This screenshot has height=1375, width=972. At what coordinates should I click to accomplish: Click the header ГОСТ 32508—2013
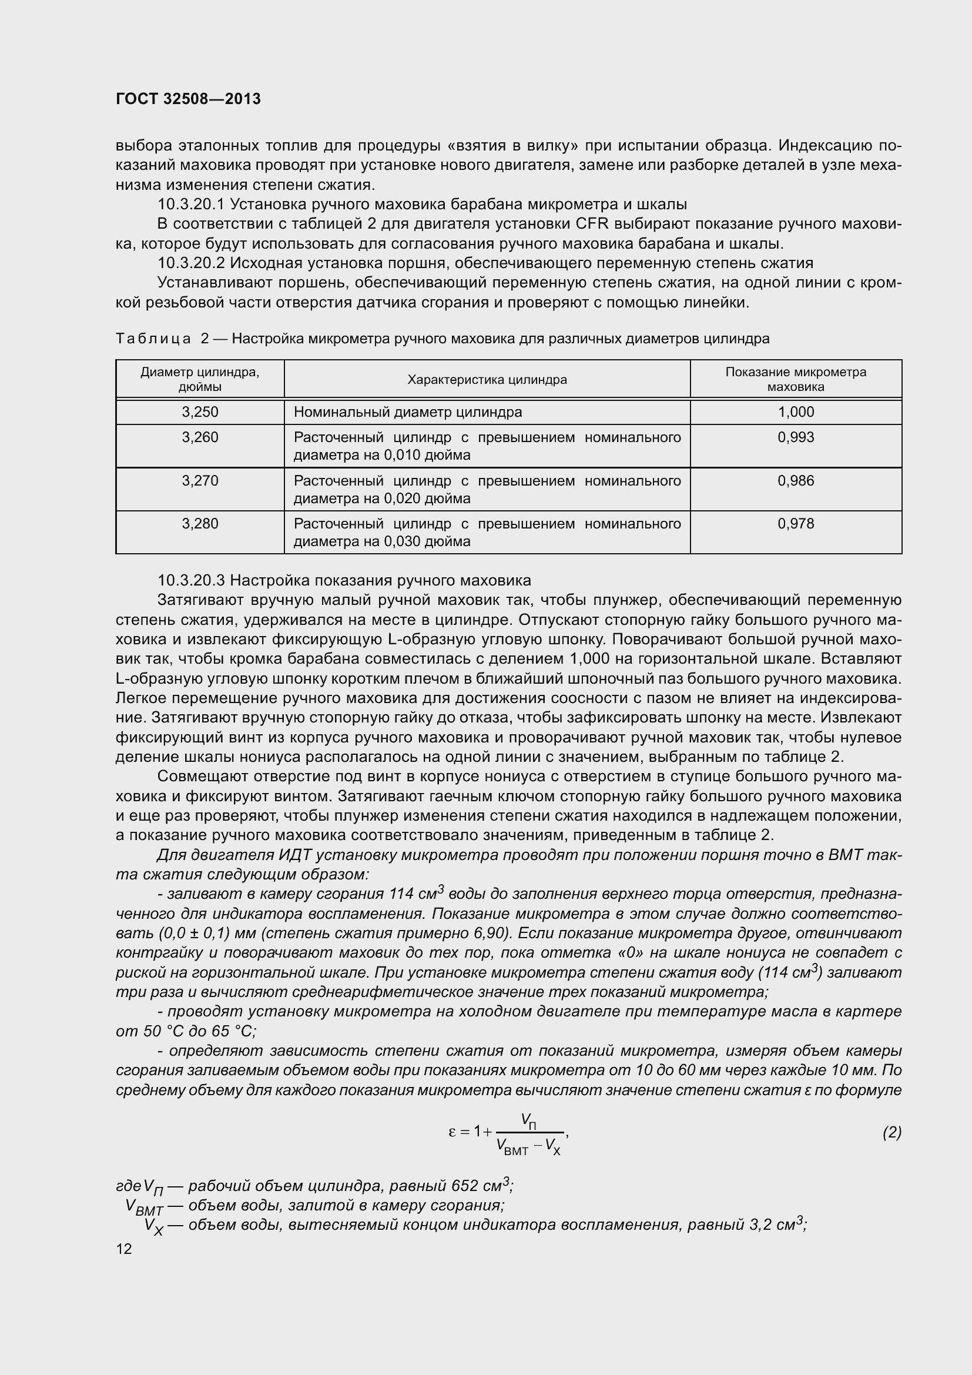(188, 99)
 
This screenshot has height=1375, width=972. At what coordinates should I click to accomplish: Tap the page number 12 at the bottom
(124, 1249)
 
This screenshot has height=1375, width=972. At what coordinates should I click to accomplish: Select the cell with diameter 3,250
(200, 412)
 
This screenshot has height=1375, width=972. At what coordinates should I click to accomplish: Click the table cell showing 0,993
(796, 437)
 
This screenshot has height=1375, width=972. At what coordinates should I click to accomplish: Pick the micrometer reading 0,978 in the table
(796, 523)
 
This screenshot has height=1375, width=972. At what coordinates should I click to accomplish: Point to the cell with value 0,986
(796, 481)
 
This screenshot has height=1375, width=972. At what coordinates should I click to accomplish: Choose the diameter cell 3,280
(200, 523)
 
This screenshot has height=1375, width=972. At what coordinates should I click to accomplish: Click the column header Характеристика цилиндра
(487, 380)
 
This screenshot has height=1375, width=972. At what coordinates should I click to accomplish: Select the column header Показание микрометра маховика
(796, 379)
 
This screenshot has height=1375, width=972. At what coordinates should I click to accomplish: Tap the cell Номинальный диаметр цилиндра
(408, 412)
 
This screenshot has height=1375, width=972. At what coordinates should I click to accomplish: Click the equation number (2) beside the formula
(891, 1132)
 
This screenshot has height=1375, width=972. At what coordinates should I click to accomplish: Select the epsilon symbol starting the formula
(453, 1132)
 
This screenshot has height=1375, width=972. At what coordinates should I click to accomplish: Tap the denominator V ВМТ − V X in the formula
(528, 1147)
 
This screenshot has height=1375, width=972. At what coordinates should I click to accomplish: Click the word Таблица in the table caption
(153, 339)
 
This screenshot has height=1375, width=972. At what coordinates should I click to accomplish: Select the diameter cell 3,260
(200, 437)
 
